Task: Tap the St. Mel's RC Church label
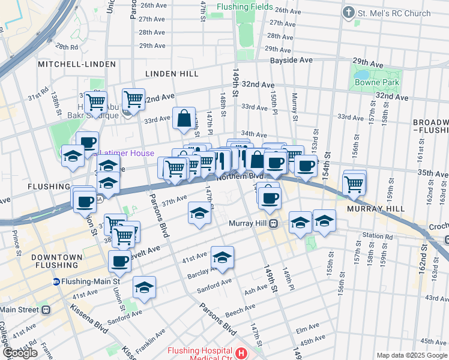click(394, 13)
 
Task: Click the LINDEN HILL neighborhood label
click(172, 74)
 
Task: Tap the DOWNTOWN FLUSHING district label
click(57, 261)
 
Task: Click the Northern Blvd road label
click(240, 176)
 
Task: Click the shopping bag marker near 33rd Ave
click(184, 118)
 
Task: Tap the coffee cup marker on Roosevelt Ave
click(120, 260)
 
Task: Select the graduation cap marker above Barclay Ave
click(222, 257)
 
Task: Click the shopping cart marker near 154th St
click(354, 182)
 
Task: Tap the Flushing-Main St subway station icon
click(56, 281)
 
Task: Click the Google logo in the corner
click(19, 353)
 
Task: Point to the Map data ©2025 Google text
click(411, 355)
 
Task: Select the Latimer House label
click(127, 153)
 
